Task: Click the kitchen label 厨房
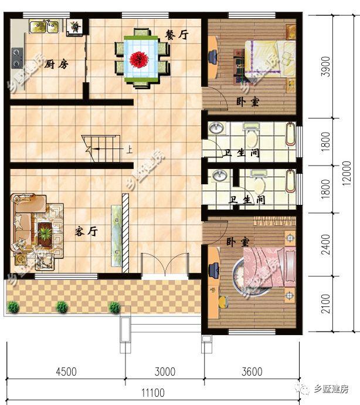[x=56, y=64]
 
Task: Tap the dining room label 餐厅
[x=176, y=35]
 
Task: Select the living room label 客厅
[x=86, y=231]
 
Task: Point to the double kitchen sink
[x=44, y=26]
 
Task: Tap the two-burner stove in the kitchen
[x=17, y=58]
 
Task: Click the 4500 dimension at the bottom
[x=66, y=372]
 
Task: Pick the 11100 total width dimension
[x=153, y=393]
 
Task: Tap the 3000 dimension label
[x=165, y=372]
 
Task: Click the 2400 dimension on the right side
[x=325, y=244]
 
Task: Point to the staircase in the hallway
[x=101, y=148]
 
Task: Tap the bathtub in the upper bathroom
[x=291, y=134]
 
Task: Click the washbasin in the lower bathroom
[x=220, y=176]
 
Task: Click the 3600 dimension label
[x=252, y=372]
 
